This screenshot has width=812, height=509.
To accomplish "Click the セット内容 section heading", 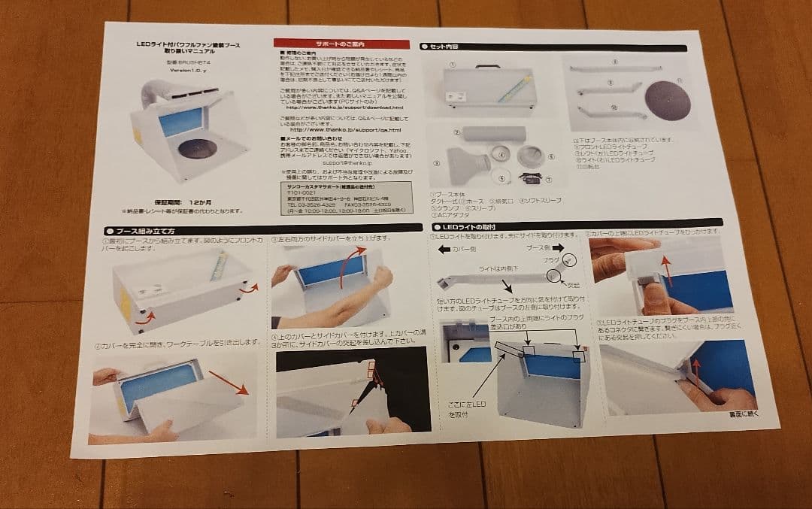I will pos(444,47).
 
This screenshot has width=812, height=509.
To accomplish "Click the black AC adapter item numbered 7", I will pos(535,177).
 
